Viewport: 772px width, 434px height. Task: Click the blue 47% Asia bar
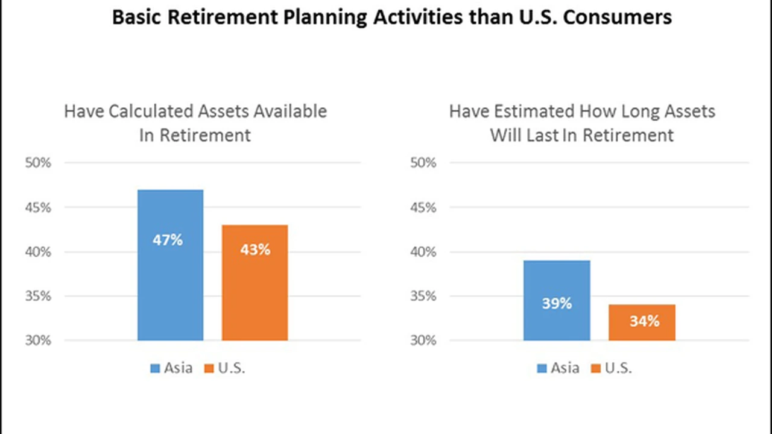170,265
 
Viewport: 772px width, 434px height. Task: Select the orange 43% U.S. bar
255,283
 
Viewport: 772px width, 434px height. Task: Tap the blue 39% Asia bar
557,300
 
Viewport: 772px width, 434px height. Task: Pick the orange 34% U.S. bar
642,322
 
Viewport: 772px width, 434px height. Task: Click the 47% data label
168,240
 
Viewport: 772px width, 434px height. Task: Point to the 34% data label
645,321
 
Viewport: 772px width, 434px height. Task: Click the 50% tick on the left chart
38,163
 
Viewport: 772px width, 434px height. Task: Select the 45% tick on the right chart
423,208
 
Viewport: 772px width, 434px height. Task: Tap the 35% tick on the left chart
38,296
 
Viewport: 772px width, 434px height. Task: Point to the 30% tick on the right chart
423,341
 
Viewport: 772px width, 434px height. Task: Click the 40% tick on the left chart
38,252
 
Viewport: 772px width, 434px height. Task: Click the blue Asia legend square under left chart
155,368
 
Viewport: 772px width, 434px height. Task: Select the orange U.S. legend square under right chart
595,368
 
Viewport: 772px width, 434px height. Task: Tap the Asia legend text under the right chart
565,368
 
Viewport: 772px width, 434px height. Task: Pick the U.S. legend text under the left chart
232,368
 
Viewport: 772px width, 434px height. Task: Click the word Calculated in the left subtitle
151,112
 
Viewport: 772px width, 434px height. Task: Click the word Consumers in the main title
617,17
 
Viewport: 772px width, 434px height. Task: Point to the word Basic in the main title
136,17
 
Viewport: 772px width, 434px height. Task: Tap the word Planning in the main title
325,17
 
